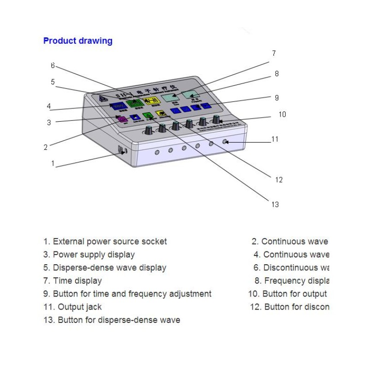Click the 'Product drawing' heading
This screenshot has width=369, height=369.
pyautogui.click(x=77, y=41)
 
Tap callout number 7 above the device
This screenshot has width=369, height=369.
pyautogui.click(x=274, y=54)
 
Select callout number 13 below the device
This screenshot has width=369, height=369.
pyautogui.click(x=275, y=205)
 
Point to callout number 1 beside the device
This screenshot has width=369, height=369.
pyautogui.click(x=53, y=163)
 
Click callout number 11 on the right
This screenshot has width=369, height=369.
pyautogui.click(x=275, y=139)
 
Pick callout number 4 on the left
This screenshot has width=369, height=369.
pyautogui.click(x=48, y=107)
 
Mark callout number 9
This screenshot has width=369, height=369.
pyautogui.click(x=276, y=98)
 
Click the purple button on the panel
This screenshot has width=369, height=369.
pyautogui.click(x=122, y=119)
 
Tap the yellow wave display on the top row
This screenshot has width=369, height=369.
pyautogui.click(x=150, y=102)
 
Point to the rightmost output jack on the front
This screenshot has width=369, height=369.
pyautogui.click(x=225, y=142)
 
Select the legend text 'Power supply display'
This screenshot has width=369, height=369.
pyautogui.click(x=94, y=255)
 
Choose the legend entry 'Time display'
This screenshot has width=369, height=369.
pyautogui.click(x=77, y=280)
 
